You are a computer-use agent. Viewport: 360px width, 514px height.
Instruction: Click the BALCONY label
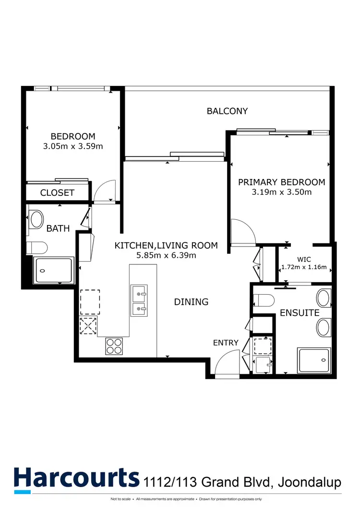point(227,111)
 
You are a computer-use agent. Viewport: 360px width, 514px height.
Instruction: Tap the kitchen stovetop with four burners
point(114,346)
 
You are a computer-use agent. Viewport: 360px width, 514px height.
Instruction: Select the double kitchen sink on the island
point(139,300)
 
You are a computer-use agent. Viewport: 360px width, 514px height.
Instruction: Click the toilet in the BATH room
point(36,248)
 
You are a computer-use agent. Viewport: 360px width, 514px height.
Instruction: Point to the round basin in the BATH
point(37,219)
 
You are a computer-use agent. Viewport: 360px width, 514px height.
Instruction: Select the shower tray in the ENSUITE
point(313,360)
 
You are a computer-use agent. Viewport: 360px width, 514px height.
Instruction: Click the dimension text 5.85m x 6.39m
point(166,255)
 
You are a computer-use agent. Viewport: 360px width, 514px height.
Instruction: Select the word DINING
point(191,302)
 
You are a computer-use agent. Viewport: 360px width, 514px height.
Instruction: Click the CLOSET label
point(57,193)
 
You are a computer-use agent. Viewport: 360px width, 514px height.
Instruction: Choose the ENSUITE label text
point(300,312)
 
